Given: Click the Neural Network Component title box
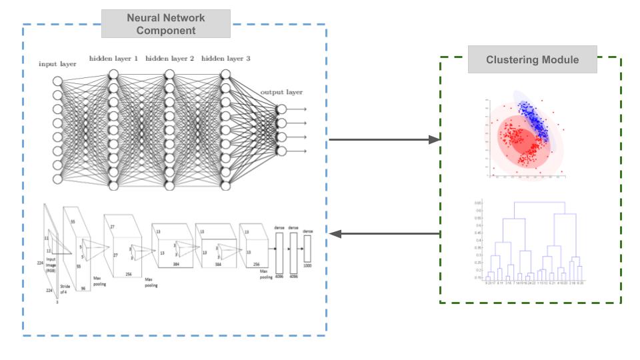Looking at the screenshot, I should [166, 24].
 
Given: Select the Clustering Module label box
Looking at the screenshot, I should [532, 60].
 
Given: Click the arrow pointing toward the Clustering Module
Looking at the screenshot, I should [385, 140].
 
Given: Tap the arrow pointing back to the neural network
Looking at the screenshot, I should [385, 233].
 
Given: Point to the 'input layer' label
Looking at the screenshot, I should [57, 64].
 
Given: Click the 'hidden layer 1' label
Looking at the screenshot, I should [113, 59].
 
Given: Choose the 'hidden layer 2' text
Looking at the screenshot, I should [169, 59].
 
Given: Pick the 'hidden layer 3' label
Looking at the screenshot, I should [225, 59].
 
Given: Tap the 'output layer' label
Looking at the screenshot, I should [281, 92].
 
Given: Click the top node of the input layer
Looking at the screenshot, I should [57, 81].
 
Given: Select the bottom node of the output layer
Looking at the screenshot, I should [281, 151].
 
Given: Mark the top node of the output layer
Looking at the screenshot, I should [281, 109].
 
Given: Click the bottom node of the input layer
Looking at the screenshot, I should [57, 179].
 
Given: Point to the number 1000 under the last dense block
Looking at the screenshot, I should [307, 266].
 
